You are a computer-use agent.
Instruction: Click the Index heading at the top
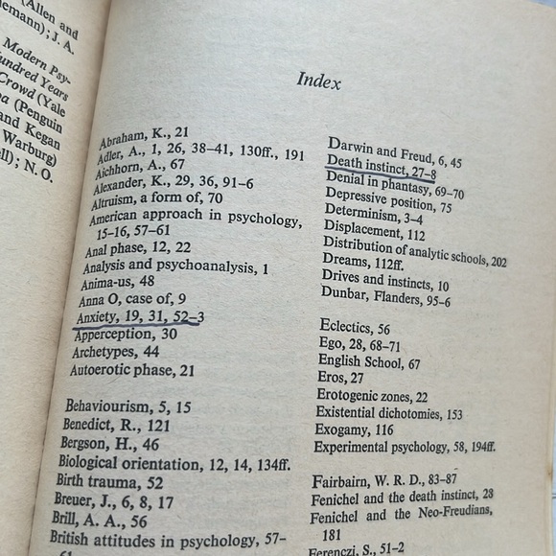318,81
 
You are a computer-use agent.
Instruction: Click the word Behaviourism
105,406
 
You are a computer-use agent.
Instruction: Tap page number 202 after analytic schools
495,261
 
